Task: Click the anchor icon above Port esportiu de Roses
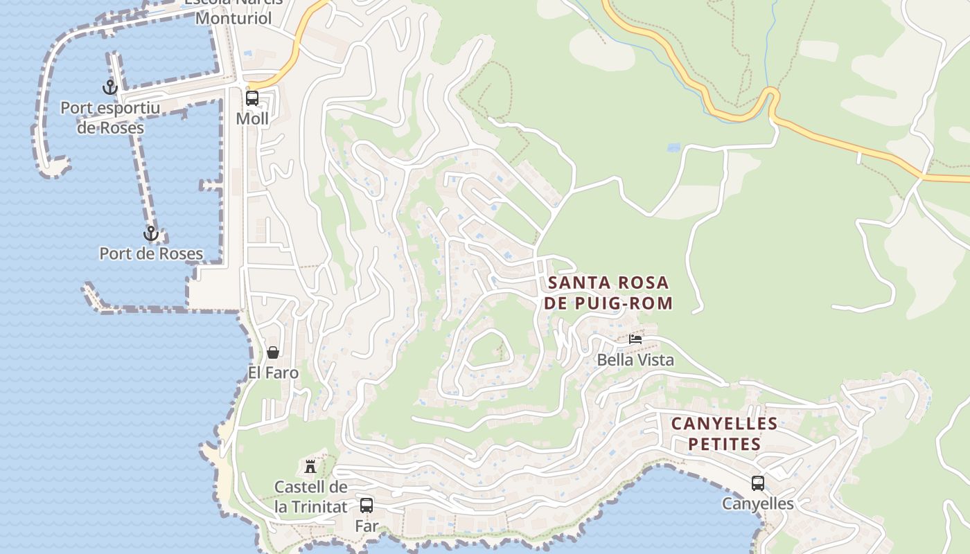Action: click(x=109, y=87)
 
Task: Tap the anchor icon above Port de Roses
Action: click(x=150, y=233)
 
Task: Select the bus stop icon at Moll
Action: click(x=252, y=98)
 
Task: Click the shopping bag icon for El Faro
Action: click(x=273, y=352)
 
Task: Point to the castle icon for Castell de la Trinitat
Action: click(x=310, y=466)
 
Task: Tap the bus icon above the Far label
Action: click(x=367, y=506)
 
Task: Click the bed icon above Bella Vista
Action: click(x=635, y=339)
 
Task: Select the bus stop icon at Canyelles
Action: click(x=758, y=483)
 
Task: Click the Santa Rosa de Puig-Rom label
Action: click(x=608, y=292)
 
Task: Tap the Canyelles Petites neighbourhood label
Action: click(x=724, y=434)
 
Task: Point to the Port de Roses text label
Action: click(x=151, y=253)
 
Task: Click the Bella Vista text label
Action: click(x=635, y=360)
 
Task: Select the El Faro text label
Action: click(x=273, y=373)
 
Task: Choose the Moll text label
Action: click(x=252, y=118)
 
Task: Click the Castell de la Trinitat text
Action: click(x=310, y=497)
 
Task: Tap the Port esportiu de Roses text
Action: click(x=110, y=118)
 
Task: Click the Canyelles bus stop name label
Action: click(x=758, y=503)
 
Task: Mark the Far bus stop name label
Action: click(x=367, y=526)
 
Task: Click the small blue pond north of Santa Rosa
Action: click(x=673, y=148)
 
